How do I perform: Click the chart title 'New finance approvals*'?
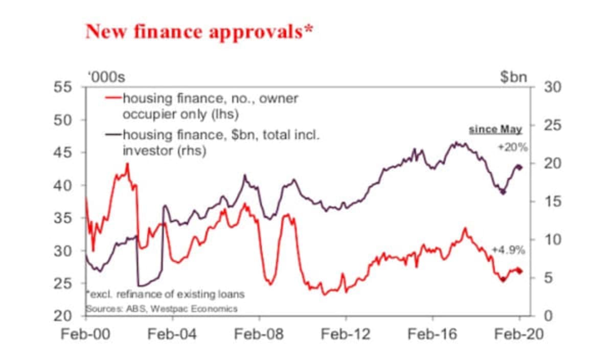pos(199,32)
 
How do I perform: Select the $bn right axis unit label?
pos(513,77)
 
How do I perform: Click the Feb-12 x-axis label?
pos(346,334)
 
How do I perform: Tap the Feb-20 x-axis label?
pos(519,334)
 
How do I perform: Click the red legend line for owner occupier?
pos(112,98)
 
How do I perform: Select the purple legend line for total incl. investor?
pos(112,135)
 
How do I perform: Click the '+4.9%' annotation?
pos(508,250)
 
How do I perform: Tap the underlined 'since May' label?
pos(495,129)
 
